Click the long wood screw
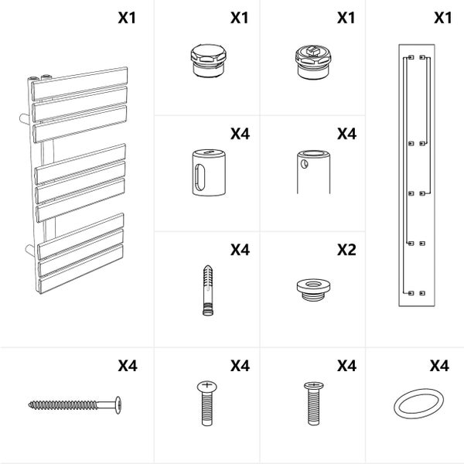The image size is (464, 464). [x=75, y=404]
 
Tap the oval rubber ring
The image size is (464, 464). [x=418, y=404]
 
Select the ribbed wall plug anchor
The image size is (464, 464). [x=208, y=291]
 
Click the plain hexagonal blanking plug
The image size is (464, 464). [x=208, y=60]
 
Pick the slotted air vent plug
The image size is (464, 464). [x=312, y=63]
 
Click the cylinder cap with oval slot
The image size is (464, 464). [x=209, y=172]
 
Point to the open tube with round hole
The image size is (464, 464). [x=313, y=172]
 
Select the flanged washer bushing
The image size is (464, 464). [x=313, y=289]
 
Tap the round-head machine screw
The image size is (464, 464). [x=206, y=404]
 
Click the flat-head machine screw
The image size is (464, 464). [x=314, y=404]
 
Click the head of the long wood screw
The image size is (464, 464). [x=118, y=404]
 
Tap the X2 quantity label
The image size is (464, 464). [x=346, y=250]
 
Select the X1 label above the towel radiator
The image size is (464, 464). [x=127, y=18]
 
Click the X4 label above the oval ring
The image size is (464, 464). [x=439, y=366]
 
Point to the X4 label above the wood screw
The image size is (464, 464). [x=128, y=366]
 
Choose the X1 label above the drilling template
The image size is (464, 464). [x=443, y=18]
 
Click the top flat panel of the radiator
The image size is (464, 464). [x=80, y=84]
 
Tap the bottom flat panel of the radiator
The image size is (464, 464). [x=80, y=269]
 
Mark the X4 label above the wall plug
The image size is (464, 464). [x=240, y=250]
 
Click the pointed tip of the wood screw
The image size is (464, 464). [x=29, y=404]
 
